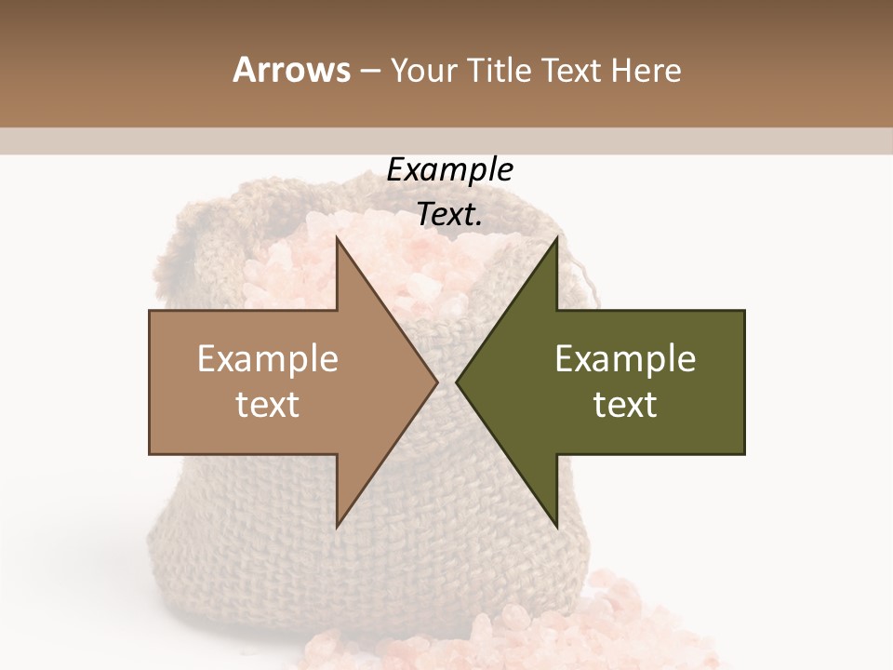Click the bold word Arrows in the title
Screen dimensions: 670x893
(291, 70)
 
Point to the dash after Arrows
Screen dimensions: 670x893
(369, 71)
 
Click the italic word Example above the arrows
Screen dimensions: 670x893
(449, 170)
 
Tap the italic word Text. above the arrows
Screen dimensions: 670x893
(449, 214)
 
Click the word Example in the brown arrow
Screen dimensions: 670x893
(268, 359)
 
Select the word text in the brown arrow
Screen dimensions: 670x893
(268, 405)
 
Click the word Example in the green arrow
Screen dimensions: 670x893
(625, 359)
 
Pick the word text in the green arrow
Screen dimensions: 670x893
(625, 405)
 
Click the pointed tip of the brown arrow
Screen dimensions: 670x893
(436, 382)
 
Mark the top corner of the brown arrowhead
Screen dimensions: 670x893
(338, 240)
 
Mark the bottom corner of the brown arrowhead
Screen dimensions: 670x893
(338, 525)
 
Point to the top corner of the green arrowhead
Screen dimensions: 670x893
(556, 240)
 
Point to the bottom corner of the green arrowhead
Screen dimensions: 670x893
(556, 525)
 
